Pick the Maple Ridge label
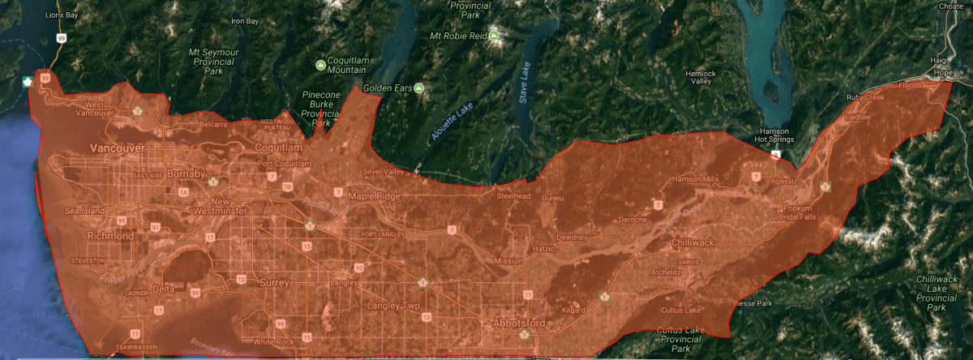pyautogui.click(x=375, y=196)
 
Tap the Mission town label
pyautogui.click(x=508, y=261)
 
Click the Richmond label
pyautogui.click(x=110, y=236)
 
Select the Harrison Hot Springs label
pyautogui.click(x=774, y=135)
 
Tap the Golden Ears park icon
pyautogui.click(x=419, y=88)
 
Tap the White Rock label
pyautogui.click(x=273, y=341)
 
